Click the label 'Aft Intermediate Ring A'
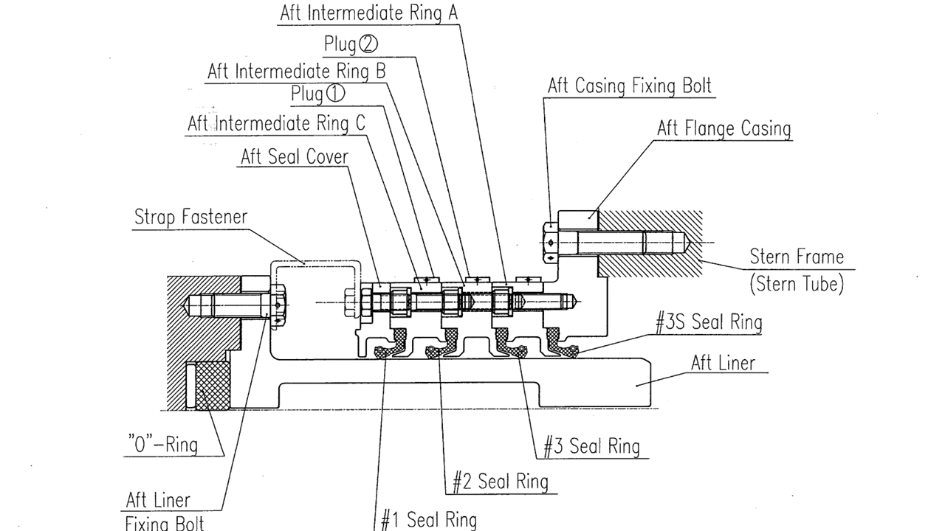click(x=369, y=13)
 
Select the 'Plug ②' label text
click(x=351, y=44)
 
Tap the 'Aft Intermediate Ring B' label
click(x=296, y=71)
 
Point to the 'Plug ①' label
click(x=317, y=94)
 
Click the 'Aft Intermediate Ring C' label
click(x=276, y=122)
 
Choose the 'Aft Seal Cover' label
click(x=294, y=156)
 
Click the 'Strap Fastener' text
click(x=190, y=217)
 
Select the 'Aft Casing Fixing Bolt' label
click(x=629, y=86)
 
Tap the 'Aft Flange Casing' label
click(x=724, y=128)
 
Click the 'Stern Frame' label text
click(x=796, y=257)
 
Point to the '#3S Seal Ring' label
click(x=708, y=322)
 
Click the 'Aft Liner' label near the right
click(x=723, y=362)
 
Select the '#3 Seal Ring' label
click(x=591, y=445)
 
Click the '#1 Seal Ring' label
click(x=429, y=519)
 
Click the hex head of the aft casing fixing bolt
click(x=550, y=242)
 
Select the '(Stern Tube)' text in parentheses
click(x=796, y=284)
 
